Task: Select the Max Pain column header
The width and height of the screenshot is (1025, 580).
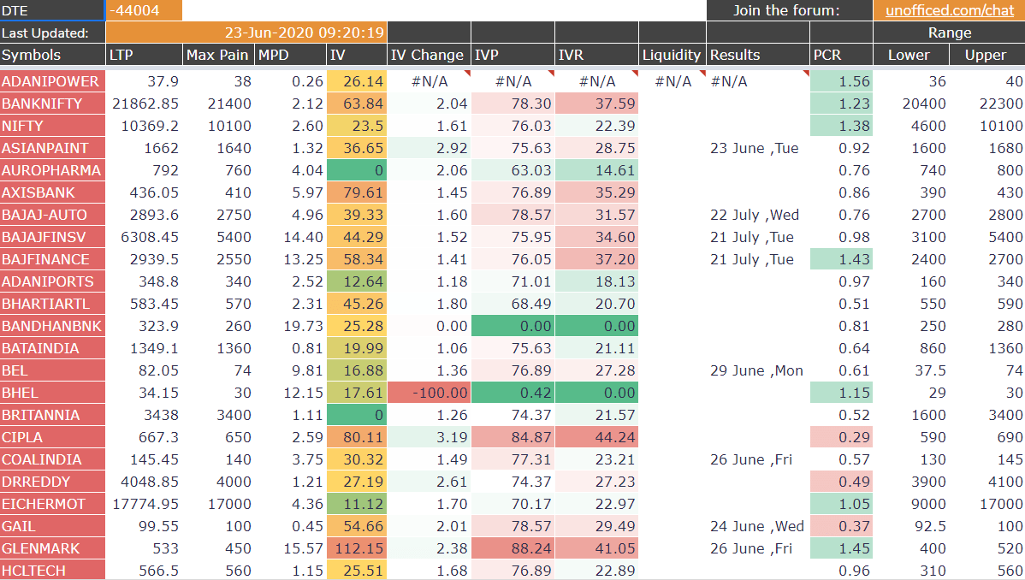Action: click(x=217, y=55)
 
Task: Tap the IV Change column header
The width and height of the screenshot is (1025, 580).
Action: click(x=426, y=55)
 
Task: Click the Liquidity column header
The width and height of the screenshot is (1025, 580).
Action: click(x=672, y=55)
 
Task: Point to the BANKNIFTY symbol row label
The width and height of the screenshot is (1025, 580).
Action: click(x=43, y=104)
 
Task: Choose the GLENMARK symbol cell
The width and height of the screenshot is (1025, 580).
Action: click(x=41, y=548)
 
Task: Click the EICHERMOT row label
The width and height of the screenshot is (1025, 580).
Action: click(x=44, y=504)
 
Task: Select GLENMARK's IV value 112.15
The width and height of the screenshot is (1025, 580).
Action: click(x=357, y=548)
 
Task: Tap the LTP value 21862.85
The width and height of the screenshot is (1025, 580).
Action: click(x=145, y=104)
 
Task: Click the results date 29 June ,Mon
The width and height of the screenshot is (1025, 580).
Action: click(x=756, y=370)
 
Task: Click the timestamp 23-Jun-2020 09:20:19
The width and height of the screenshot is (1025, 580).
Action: click(x=305, y=33)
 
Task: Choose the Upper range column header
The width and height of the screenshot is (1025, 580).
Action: click(x=986, y=55)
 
